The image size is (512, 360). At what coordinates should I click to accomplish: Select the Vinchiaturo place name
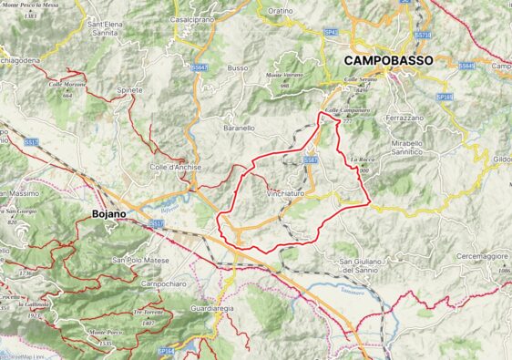coord(285,194)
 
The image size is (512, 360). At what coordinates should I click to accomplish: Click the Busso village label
coord(238,68)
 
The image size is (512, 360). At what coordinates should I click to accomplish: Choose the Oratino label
coord(281,11)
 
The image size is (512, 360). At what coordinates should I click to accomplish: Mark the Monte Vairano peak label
coord(284,75)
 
